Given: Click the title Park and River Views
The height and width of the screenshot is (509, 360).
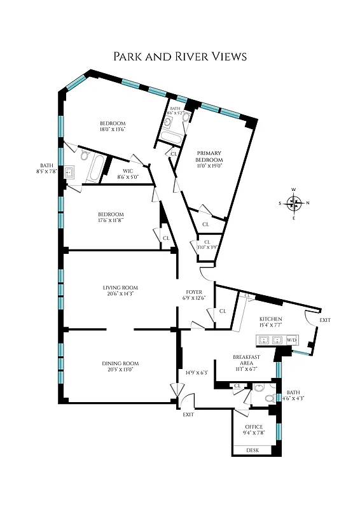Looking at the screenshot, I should (x=179, y=57).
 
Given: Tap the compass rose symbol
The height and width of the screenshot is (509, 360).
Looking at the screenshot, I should (x=293, y=204).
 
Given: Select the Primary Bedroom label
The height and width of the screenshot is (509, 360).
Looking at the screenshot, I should (x=208, y=157).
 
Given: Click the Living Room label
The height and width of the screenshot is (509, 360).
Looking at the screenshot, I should (x=120, y=288).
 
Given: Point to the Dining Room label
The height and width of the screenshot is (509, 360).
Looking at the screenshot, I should (x=120, y=363).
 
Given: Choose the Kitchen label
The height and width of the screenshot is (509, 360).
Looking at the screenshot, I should (x=270, y=319).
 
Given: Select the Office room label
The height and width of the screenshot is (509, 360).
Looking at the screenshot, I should (x=254, y=427).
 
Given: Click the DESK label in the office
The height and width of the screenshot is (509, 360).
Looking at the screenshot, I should (x=253, y=450).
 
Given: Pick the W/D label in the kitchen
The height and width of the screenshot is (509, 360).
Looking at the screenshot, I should (x=292, y=340).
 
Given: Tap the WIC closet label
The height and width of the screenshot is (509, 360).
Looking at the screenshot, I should (x=128, y=171).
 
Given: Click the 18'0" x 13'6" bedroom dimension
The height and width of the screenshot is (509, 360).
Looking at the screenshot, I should (x=112, y=129).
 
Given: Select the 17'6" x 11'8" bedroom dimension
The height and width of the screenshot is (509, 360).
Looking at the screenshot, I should (x=111, y=221).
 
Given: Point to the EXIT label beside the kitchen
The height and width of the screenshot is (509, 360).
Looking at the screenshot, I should (x=325, y=319).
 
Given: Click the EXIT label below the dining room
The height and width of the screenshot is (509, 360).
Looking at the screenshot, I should (x=188, y=414).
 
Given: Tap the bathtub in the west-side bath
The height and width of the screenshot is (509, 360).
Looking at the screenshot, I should (x=96, y=168).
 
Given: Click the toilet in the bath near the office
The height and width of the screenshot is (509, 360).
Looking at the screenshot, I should (x=269, y=399).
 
